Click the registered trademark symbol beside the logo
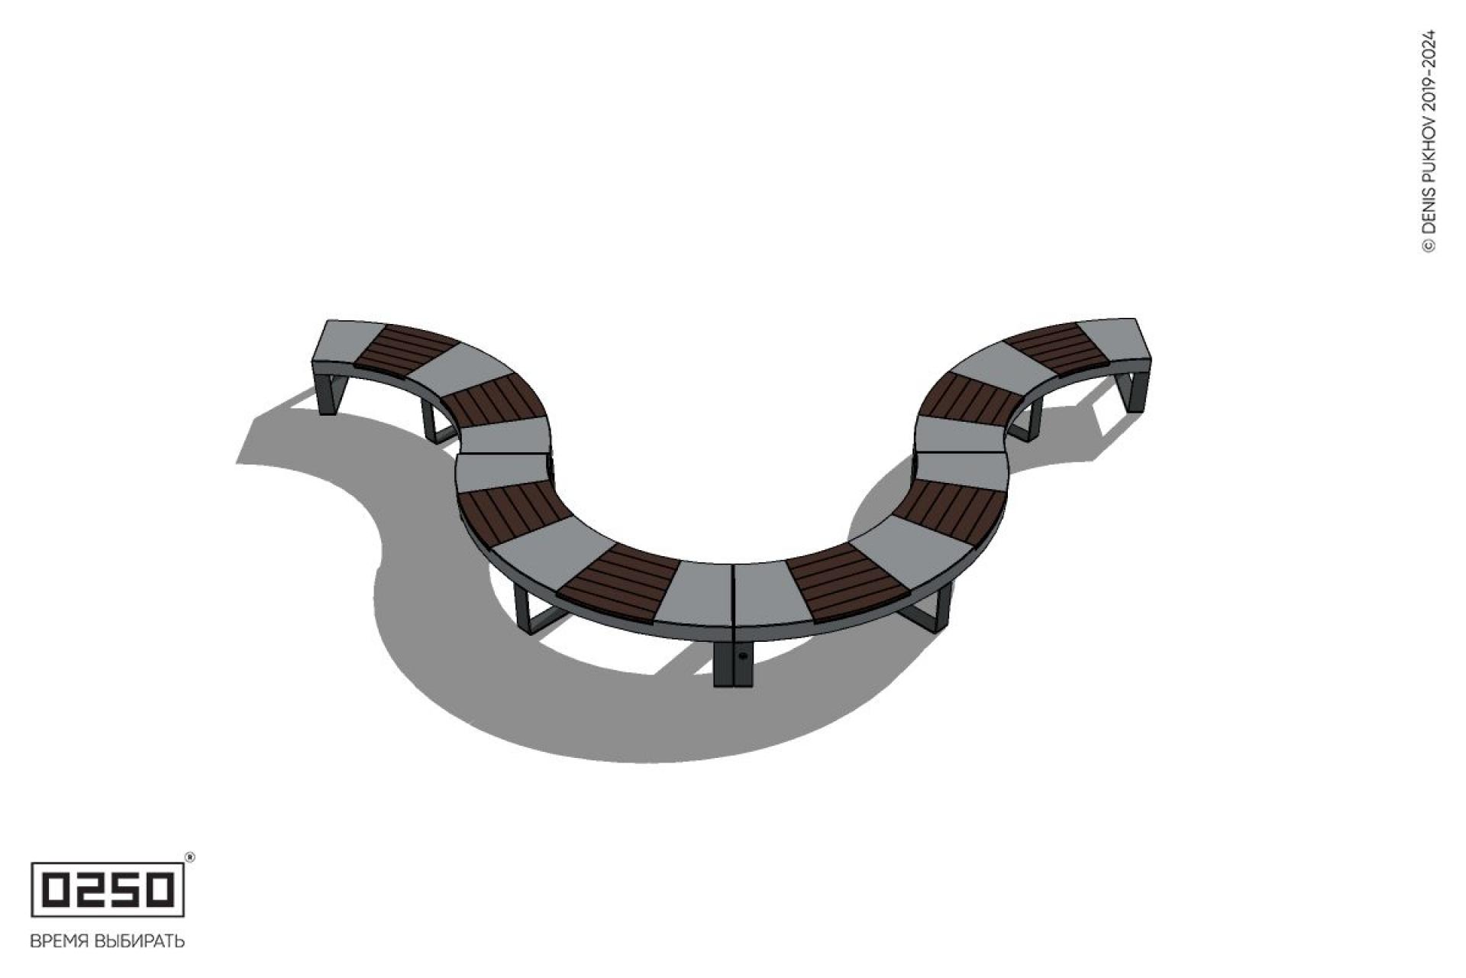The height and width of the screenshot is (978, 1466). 190,857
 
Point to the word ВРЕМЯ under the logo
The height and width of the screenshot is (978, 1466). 59,941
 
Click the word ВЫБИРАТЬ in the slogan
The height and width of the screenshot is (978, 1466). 140,941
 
